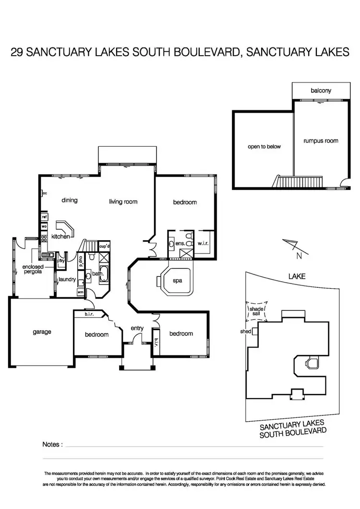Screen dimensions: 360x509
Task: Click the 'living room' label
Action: [x=123, y=201]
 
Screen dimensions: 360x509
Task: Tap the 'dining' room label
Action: [x=70, y=200]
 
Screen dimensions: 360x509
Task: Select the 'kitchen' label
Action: [x=61, y=237]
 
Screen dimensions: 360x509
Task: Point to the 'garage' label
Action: [x=42, y=331]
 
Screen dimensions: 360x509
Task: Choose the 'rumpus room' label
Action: [x=321, y=141]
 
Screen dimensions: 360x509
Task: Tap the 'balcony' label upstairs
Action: [x=321, y=90]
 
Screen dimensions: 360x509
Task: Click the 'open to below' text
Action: [x=264, y=146]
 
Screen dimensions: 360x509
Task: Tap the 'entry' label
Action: [x=137, y=328]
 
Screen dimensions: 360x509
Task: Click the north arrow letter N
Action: [x=299, y=256]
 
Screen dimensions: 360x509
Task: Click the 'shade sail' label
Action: [x=255, y=312]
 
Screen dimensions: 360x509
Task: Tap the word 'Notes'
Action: [x=52, y=444]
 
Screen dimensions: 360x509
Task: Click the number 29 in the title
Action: [x=18, y=52]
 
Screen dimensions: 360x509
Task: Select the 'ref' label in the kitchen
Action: [x=44, y=217]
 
